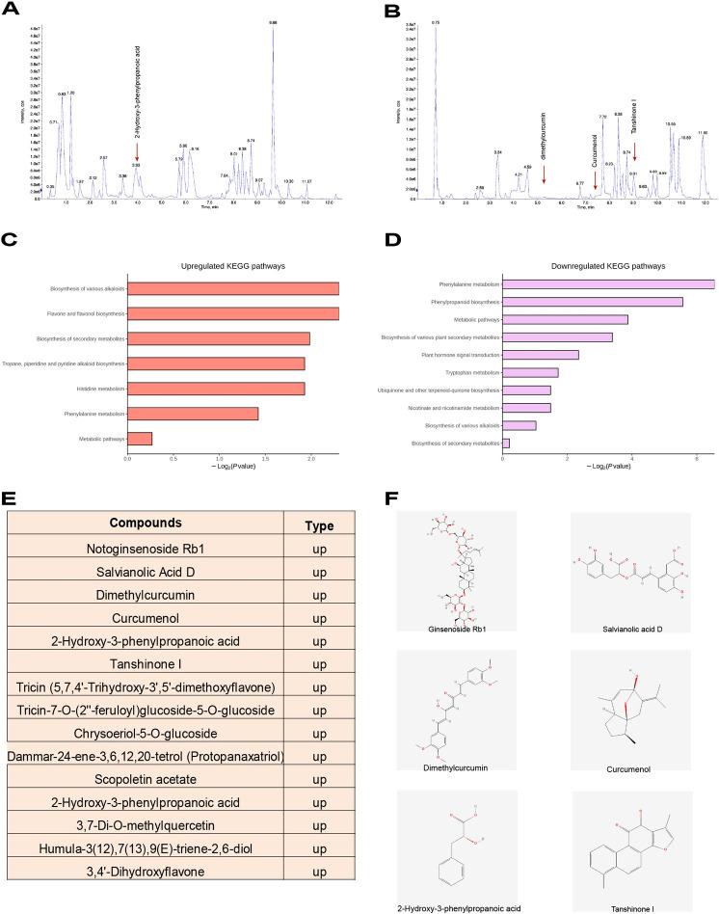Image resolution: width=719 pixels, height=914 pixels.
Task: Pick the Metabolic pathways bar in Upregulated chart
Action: tap(140, 439)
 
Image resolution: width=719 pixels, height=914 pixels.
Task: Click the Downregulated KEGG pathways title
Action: tap(609, 264)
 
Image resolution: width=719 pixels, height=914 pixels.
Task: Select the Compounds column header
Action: tap(145, 524)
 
